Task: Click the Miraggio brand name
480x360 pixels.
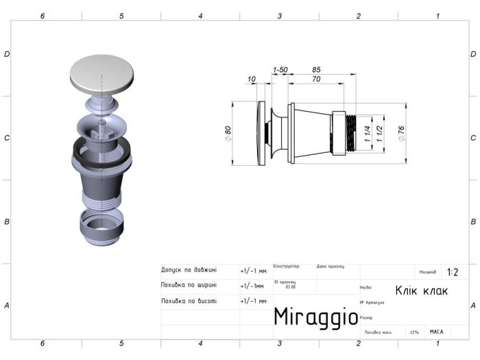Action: (x=315, y=316)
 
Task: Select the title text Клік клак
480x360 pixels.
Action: (x=421, y=290)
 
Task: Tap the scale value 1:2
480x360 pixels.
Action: (x=453, y=272)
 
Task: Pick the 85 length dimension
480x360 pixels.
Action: (x=316, y=69)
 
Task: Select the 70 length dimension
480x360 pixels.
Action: (x=316, y=80)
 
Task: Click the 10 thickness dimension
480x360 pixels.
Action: (x=252, y=80)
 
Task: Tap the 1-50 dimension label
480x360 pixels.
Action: (x=280, y=70)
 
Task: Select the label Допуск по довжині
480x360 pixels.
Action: (x=189, y=269)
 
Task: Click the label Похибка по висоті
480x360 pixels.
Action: (x=189, y=300)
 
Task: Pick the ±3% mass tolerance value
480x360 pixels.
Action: (x=414, y=332)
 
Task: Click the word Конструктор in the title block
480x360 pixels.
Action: (x=286, y=266)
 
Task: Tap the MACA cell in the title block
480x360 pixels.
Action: (x=436, y=332)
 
